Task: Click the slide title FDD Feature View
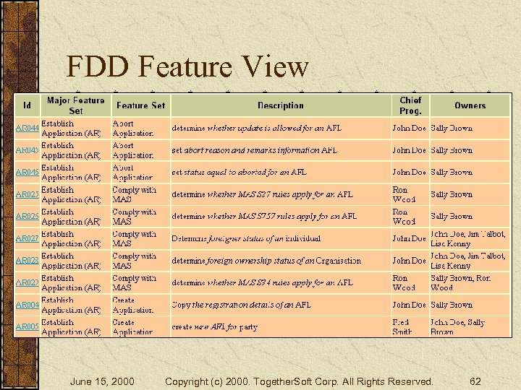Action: click(187, 67)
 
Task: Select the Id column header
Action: click(27, 105)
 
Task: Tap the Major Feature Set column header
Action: click(75, 105)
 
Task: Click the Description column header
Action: click(280, 105)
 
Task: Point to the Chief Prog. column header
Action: click(410, 105)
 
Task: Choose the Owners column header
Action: click(470, 105)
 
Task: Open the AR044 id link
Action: click(27, 128)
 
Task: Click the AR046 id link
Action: click(27, 173)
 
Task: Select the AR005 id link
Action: click(27, 327)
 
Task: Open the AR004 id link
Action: click(27, 305)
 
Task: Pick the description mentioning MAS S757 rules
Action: click(263, 216)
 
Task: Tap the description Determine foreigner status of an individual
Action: click(246, 238)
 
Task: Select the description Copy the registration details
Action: click(241, 305)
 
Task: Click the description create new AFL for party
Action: click(214, 327)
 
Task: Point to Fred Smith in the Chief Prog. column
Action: click(403, 327)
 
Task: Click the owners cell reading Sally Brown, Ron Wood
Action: click(461, 282)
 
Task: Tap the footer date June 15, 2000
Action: click(101, 381)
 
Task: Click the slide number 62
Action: click(475, 381)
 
